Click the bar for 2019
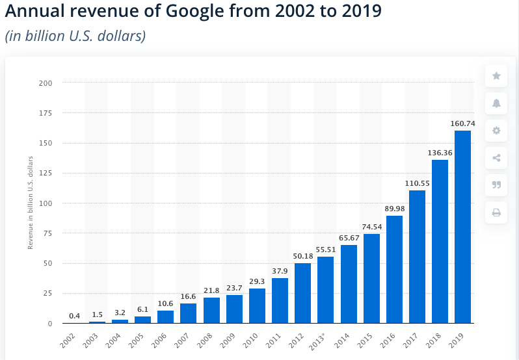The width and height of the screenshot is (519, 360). [x=462, y=227]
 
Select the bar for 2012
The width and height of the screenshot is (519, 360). [x=302, y=293]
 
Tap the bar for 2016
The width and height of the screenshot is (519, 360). [x=394, y=269]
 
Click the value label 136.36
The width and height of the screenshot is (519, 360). [x=440, y=153]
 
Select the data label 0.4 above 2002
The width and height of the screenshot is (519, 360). [x=74, y=316]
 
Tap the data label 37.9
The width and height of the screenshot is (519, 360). [x=280, y=272]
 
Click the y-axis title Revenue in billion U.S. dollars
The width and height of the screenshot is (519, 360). [x=30, y=203]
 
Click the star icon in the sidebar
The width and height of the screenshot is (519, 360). [x=496, y=76]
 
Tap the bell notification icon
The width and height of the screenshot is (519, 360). [x=496, y=103]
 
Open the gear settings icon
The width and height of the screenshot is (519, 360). [x=496, y=131]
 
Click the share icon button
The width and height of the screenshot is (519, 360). [x=496, y=158]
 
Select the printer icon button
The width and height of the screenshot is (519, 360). [x=496, y=212]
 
